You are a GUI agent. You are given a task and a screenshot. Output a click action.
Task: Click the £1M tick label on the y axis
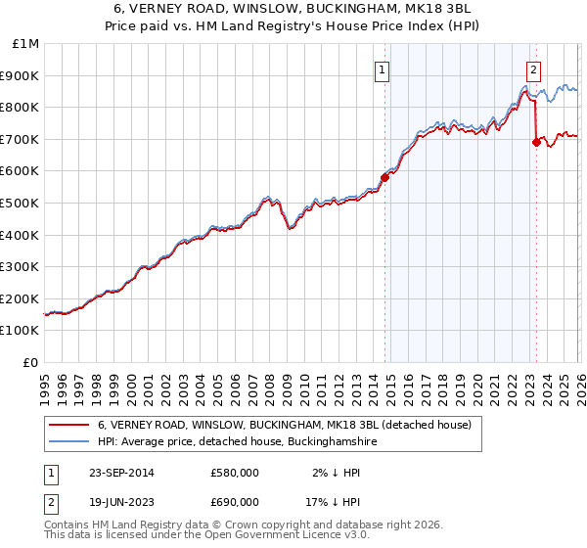point(25,44)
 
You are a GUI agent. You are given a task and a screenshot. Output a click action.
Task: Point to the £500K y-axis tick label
point(22,204)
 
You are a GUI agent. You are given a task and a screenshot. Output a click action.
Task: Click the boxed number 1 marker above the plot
point(382,69)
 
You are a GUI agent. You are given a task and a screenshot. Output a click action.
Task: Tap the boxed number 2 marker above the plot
point(534,69)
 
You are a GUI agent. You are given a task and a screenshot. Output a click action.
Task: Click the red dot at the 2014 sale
point(384,177)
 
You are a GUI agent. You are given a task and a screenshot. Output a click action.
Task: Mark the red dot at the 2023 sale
point(535,143)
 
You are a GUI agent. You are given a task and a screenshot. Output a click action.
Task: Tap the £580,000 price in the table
point(234,473)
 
